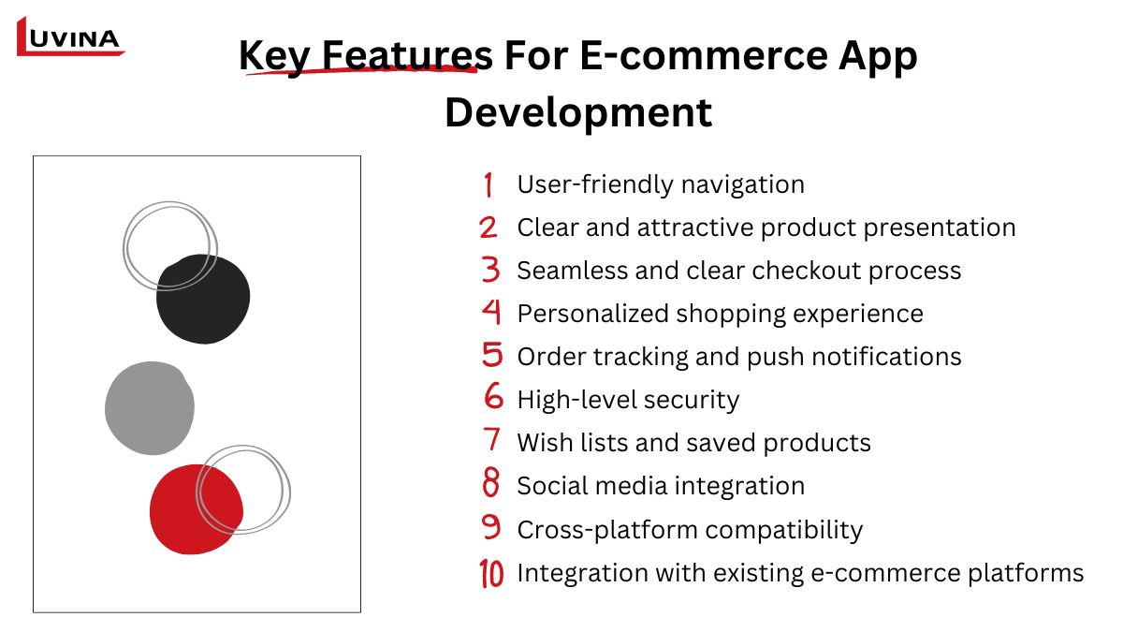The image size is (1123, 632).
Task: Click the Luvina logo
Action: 70,37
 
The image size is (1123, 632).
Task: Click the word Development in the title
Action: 578,114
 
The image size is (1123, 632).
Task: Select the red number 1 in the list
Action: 489,184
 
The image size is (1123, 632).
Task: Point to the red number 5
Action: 492,354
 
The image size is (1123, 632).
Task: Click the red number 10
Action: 491,573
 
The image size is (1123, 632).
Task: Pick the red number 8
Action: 490,482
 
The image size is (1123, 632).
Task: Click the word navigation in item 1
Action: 742,185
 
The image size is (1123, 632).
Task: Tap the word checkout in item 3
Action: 806,271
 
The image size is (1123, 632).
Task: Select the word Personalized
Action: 593,314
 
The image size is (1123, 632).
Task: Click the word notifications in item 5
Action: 886,357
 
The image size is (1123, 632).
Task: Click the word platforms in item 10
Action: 1026,574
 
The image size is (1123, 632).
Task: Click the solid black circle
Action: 203,299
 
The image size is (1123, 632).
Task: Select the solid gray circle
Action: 150,408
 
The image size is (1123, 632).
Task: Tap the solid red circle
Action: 196,509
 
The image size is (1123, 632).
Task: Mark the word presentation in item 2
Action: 939,228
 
